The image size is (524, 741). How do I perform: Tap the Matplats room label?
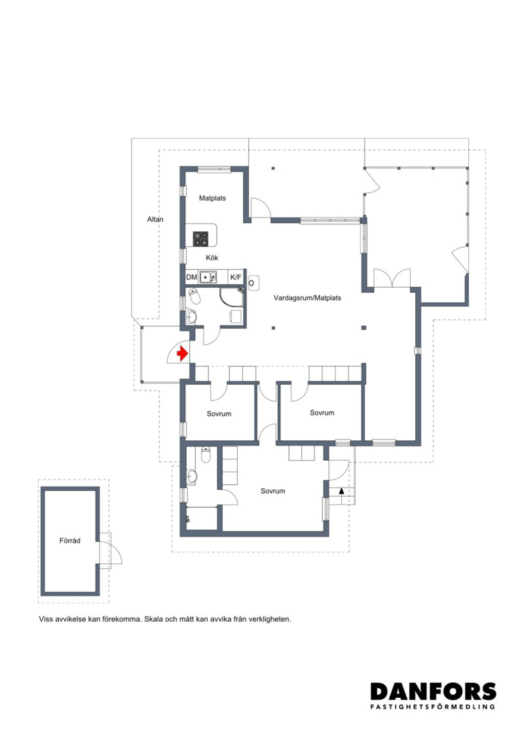[213, 198]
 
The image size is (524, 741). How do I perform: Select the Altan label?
[155, 219]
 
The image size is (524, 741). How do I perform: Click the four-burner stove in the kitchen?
[201, 239]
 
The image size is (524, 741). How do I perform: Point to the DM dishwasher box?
[192, 277]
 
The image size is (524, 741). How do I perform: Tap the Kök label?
[212, 258]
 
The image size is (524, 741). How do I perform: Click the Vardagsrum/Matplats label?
[307, 298]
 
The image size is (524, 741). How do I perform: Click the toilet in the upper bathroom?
[195, 296]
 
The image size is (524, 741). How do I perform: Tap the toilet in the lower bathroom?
[206, 455]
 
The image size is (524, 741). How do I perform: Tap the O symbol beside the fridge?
[252, 283]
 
